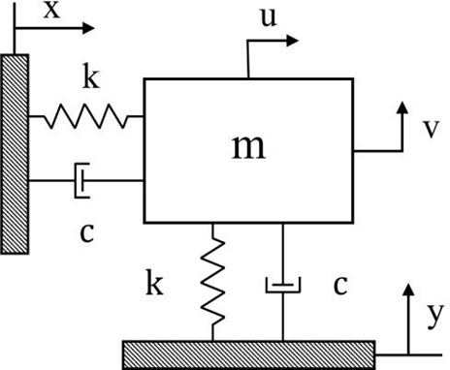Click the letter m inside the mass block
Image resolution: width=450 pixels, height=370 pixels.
click(248, 146)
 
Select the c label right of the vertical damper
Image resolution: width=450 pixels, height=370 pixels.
click(339, 285)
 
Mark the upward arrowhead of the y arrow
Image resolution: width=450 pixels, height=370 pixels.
click(408, 288)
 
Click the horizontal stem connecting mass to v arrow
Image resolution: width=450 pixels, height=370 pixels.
click(376, 150)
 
